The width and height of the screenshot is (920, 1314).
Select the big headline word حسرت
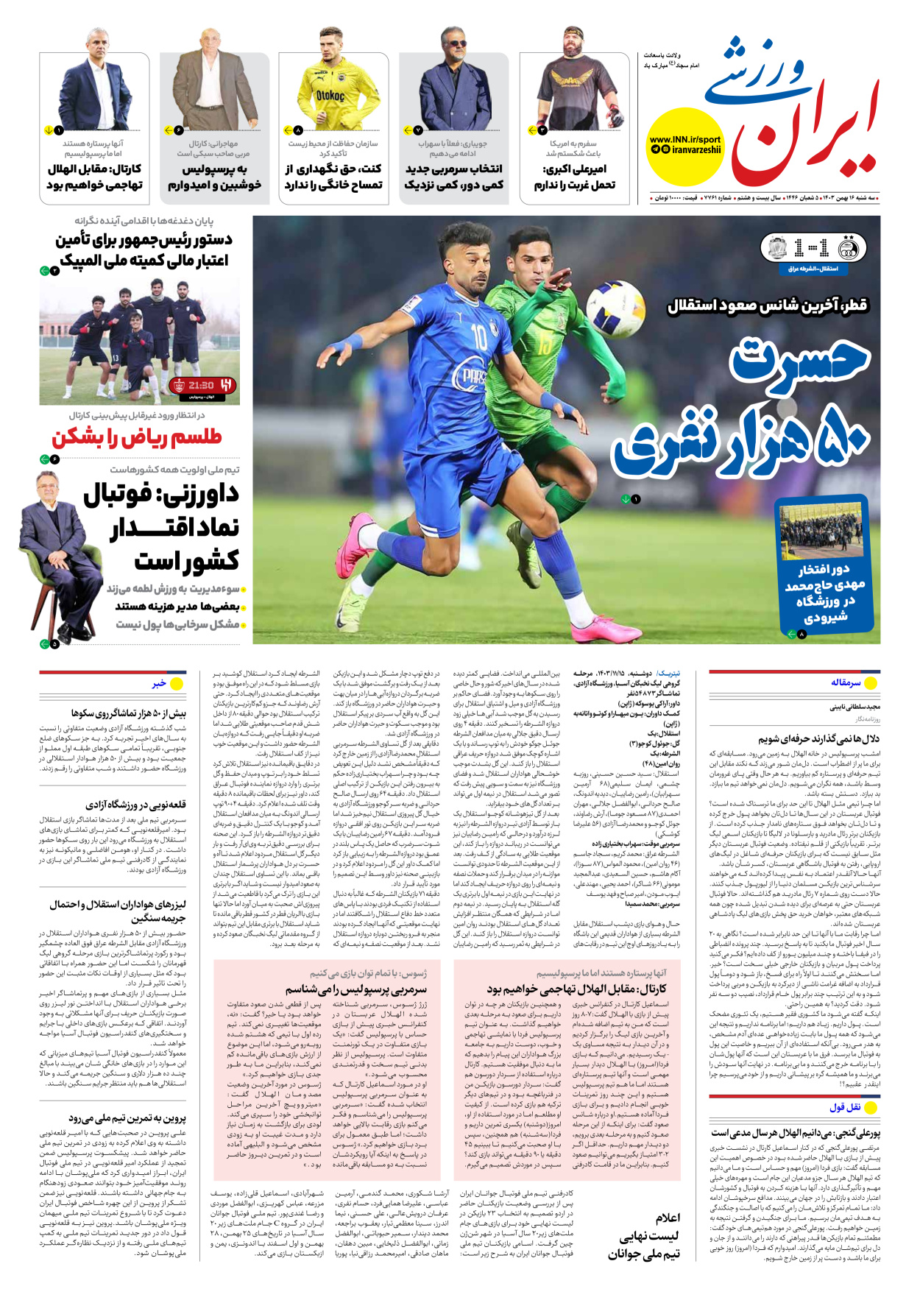799,362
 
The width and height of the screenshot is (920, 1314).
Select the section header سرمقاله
845,682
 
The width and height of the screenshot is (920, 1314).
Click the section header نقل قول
844,1107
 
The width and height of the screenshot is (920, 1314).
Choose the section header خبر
159,683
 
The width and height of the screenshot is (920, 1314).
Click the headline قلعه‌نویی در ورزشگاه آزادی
135,805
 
